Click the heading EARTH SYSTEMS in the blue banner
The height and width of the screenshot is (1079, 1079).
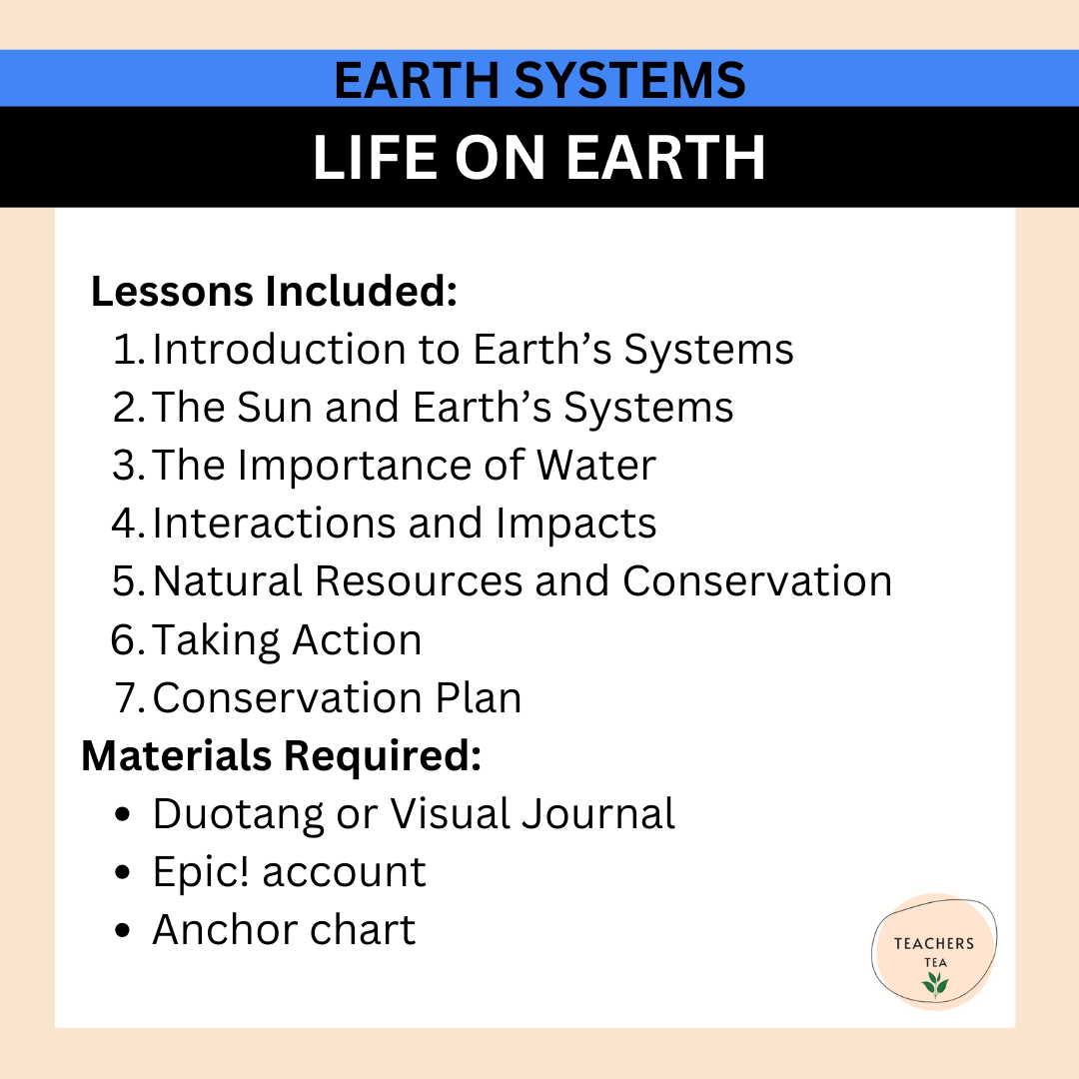pyautogui.click(x=539, y=80)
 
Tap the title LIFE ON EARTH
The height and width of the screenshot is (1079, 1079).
pyautogui.click(x=539, y=157)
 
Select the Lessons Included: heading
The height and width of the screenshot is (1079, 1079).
pyautogui.click(x=274, y=292)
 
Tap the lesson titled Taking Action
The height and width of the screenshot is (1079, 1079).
pyautogui.click(x=287, y=640)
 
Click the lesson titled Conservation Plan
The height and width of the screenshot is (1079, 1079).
pyautogui.click(x=337, y=698)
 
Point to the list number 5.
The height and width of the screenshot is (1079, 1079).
pyautogui.click(x=129, y=581)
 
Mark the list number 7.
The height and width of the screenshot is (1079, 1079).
pyautogui.click(x=130, y=698)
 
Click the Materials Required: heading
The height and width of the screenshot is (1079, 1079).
pyautogui.click(x=281, y=756)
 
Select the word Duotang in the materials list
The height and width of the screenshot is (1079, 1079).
pyautogui.click(x=238, y=814)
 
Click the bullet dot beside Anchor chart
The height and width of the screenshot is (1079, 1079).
pyautogui.click(x=123, y=931)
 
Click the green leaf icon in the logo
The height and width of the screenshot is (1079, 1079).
pyautogui.click(x=935, y=984)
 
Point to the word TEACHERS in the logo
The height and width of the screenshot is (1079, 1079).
pyautogui.click(x=934, y=943)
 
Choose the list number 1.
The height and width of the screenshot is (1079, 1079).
pyautogui.click(x=129, y=350)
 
